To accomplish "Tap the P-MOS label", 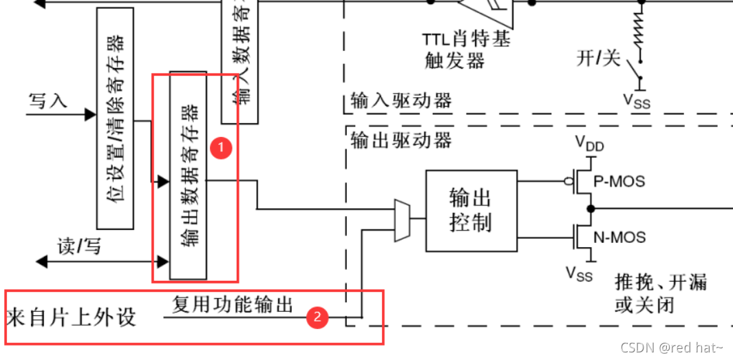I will pos(619,182).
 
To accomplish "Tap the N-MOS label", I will pos(619,237).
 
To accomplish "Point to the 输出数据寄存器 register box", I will pos(188,175).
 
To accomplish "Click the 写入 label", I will pos(47,100).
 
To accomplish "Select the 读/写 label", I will pos(79,246).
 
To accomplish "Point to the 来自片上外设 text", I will pos(72,318).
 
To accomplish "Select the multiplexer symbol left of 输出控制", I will pos(402,220).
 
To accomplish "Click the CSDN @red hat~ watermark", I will pos(672,348).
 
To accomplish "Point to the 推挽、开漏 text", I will pos(661,283).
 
